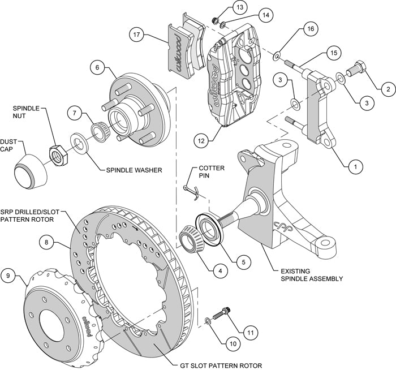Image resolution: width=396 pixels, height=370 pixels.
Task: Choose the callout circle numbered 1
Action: click(355, 167)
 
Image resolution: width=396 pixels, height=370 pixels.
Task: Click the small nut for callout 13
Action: click(215, 21)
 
